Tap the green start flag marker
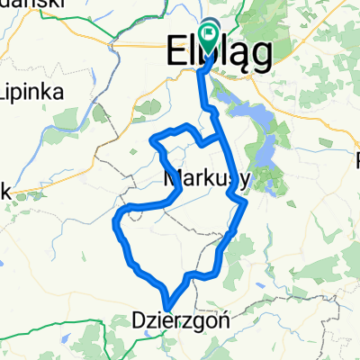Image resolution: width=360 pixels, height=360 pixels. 209,38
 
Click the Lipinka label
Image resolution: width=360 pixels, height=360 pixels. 28,93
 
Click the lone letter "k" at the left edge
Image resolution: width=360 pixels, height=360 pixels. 4,191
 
